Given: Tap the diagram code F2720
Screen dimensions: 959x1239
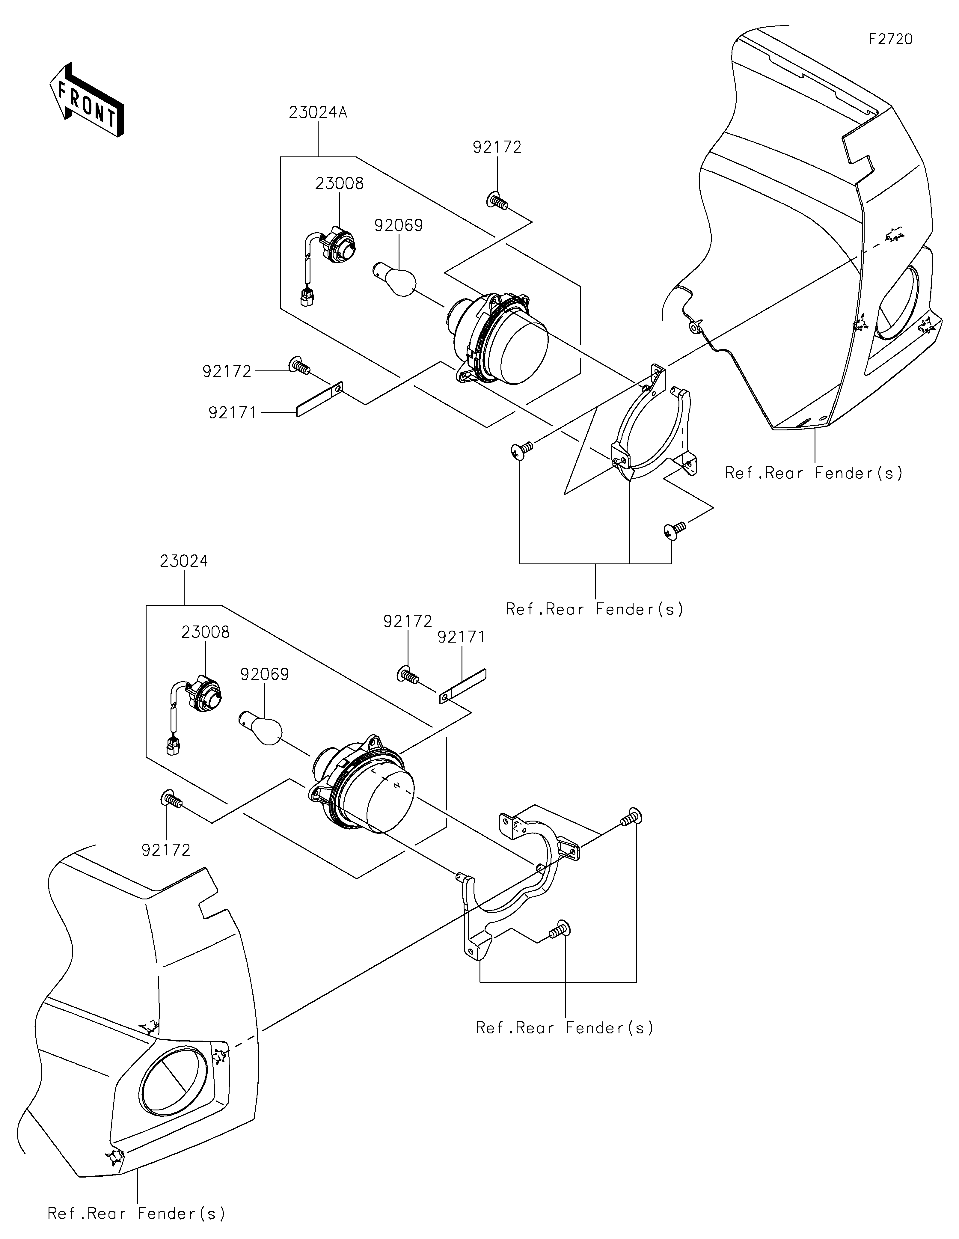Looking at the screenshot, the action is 890,39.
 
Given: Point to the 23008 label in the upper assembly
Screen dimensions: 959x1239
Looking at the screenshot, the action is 340,184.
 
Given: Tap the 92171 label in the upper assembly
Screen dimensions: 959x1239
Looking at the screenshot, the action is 233,412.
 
